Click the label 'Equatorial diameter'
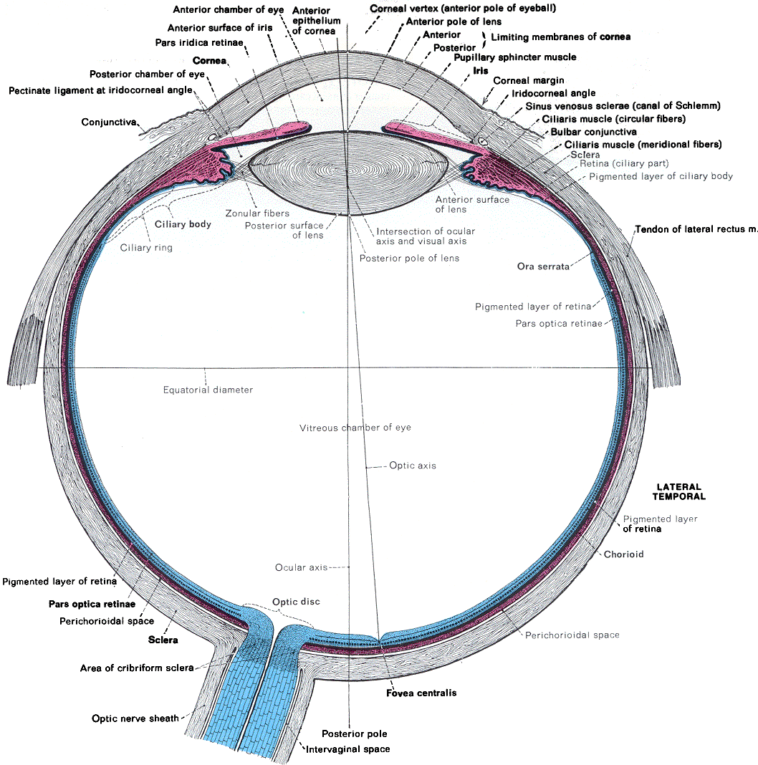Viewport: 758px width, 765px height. point(208,390)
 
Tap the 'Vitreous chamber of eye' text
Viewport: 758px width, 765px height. point(355,428)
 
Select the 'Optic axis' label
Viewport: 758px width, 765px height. point(413,466)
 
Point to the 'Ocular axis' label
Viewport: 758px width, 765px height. point(301,567)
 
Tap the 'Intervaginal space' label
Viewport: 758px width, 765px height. point(348,749)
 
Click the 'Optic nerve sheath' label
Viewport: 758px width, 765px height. point(135,718)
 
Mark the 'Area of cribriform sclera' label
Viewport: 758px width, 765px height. point(137,668)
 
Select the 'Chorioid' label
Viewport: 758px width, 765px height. point(623,554)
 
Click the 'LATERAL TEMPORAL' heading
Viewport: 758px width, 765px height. point(677,491)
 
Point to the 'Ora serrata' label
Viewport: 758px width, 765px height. point(543,266)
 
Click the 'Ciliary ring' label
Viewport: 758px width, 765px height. point(146,248)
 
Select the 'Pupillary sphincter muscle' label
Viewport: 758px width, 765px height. point(511,57)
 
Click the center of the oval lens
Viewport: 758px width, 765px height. point(350,173)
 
